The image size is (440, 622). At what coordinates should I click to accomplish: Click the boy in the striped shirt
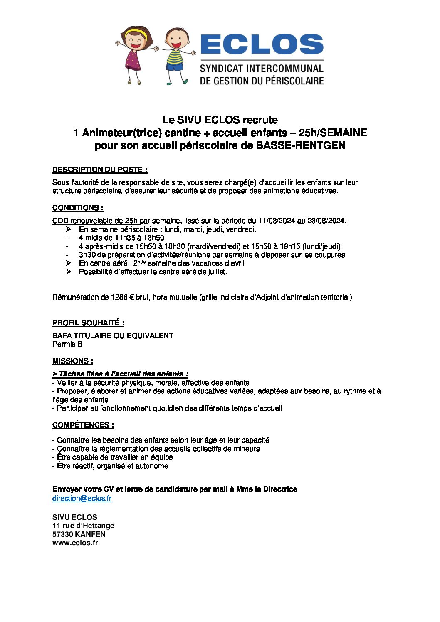click(x=175, y=56)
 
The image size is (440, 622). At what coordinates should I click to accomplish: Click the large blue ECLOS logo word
click(x=262, y=44)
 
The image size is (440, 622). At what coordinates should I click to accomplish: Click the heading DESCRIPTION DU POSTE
click(x=100, y=170)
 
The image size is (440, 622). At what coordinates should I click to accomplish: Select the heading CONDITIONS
click(x=78, y=208)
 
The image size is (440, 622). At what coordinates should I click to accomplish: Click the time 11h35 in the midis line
click(x=124, y=238)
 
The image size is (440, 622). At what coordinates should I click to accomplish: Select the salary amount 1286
click(x=119, y=297)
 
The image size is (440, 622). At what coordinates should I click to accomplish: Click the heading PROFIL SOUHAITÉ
click(x=88, y=323)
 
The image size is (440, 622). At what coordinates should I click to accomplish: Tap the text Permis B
click(x=67, y=344)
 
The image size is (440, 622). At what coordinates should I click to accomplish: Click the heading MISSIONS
click(x=73, y=361)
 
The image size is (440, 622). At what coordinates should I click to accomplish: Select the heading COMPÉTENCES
click(x=83, y=425)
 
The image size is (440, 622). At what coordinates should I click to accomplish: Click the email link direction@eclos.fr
click(x=82, y=498)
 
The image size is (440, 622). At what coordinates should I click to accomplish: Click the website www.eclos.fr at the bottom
click(x=75, y=543)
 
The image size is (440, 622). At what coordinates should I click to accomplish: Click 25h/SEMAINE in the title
click(x=333, y=133)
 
